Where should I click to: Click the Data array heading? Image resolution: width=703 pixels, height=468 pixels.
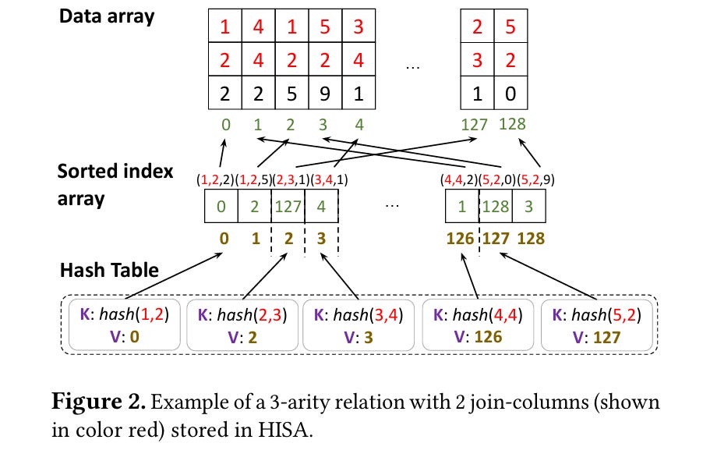107,16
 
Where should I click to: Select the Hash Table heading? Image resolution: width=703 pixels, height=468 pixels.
109,270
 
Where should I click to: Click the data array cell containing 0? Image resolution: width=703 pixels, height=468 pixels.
510,93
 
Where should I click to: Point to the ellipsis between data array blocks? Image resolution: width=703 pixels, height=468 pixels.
413,68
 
